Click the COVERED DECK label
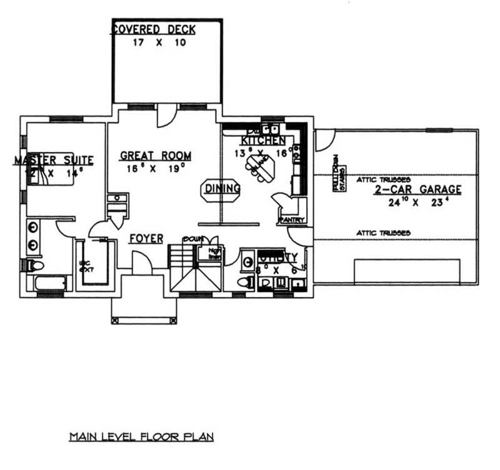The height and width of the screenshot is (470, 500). pos(154,29)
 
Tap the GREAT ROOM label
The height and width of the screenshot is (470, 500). pos(156,156)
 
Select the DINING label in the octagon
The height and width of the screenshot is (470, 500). pos(221,188)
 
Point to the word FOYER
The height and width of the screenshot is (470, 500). pos(146,239)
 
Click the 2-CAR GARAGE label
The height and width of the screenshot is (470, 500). pos(418,189)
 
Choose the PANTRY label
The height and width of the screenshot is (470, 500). pos(292,220)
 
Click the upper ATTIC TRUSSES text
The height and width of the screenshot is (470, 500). pos(383,179)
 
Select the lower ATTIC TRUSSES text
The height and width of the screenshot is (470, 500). pos(383,232)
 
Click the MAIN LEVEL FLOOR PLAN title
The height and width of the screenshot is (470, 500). pos(141,436)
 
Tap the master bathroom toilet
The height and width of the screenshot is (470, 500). pos(35,265)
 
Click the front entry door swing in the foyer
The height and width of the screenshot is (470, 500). pos(141,261)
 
